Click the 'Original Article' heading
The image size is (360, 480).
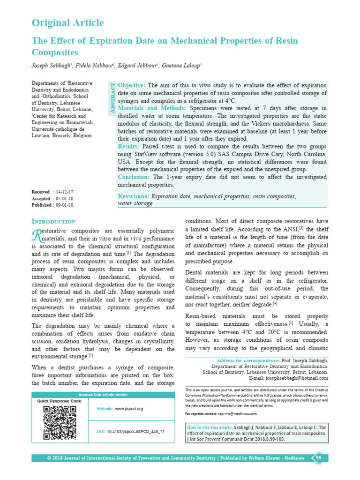67,23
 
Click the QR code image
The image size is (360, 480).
60,422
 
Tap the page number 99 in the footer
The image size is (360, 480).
318,457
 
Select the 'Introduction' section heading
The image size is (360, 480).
53,221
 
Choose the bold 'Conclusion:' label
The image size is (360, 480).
134,177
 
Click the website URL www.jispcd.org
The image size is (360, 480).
129,409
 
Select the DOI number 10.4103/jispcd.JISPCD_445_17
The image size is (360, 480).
136,431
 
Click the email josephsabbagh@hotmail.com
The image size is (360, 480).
295,378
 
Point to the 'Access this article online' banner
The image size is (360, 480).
103,395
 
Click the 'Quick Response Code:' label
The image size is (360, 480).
60,401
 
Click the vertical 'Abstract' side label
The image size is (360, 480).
112,99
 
